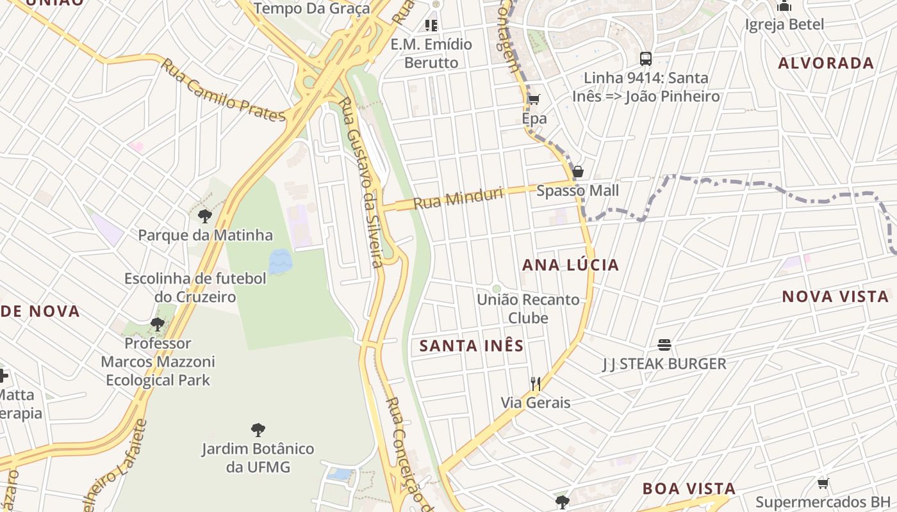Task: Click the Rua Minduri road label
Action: tap(457, 198)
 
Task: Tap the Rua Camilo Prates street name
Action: tap(222, 91)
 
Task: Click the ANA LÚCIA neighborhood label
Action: tap(570, 265)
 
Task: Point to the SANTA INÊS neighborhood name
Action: tap(472, 346)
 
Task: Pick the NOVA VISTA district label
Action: tap(835, 296)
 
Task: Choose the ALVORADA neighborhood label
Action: tap(826, 63)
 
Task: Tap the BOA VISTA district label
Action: tap(689, 488)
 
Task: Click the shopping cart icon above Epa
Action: tap(534, 99)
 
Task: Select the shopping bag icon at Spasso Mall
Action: tap(577, 172)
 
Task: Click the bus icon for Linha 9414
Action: tap(646, 59)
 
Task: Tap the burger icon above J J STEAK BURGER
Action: tap(664, 345)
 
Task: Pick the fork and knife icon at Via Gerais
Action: tap(536, 384)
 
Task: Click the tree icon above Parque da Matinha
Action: tap(205, 216)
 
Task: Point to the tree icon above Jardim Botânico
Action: tap(258, 429)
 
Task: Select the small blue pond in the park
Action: tap(280, 262)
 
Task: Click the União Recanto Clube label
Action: tap(528, 308)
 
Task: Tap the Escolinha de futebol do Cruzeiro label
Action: tap(195, 288)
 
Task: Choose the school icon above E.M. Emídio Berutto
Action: tap(431, 26)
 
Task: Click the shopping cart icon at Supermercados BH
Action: tap(823, 483)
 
